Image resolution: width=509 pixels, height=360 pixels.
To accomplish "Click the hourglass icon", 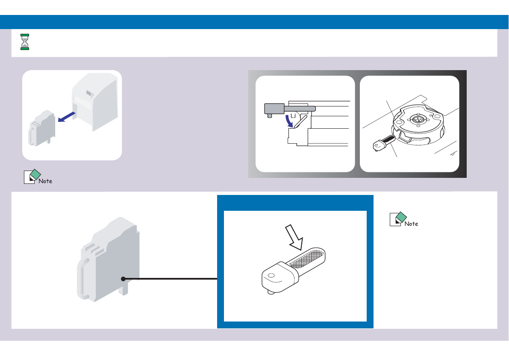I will coord(25,42).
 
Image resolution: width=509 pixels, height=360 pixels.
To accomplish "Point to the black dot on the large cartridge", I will coord(123,279).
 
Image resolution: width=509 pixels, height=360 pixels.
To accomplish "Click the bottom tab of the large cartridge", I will coord(124,290).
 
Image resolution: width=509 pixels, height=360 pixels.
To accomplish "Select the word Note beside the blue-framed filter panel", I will coord(411,224).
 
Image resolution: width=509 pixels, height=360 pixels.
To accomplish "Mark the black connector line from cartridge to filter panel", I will coord(171,279).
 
